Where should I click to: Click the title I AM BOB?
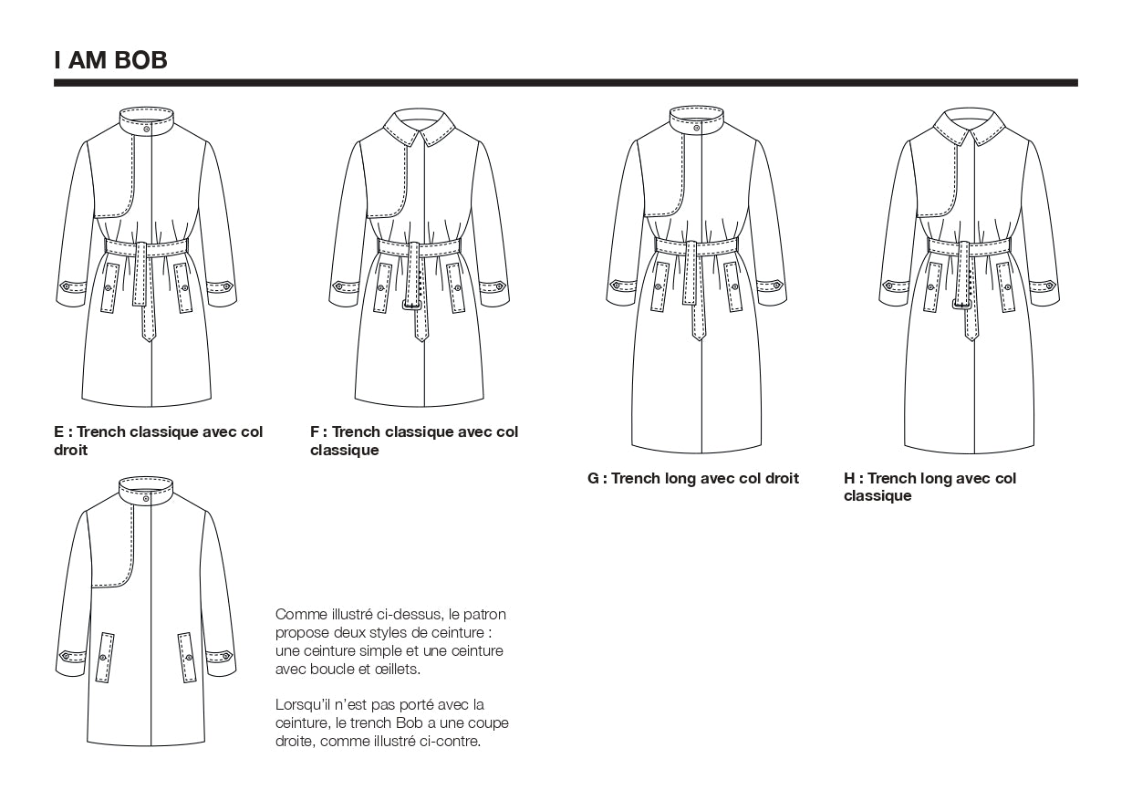coord(110,61)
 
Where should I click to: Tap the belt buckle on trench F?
coord(413,304)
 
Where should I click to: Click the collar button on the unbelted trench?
coord(146,498)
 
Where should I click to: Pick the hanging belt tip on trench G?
coord(698,334)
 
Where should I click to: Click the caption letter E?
coord(59,431)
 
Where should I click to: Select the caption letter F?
coord(316,431)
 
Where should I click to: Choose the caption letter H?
coord(850,478)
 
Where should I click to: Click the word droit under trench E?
coord(71,450)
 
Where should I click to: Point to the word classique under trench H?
coord(878,496)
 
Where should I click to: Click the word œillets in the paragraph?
coord(397,669)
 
